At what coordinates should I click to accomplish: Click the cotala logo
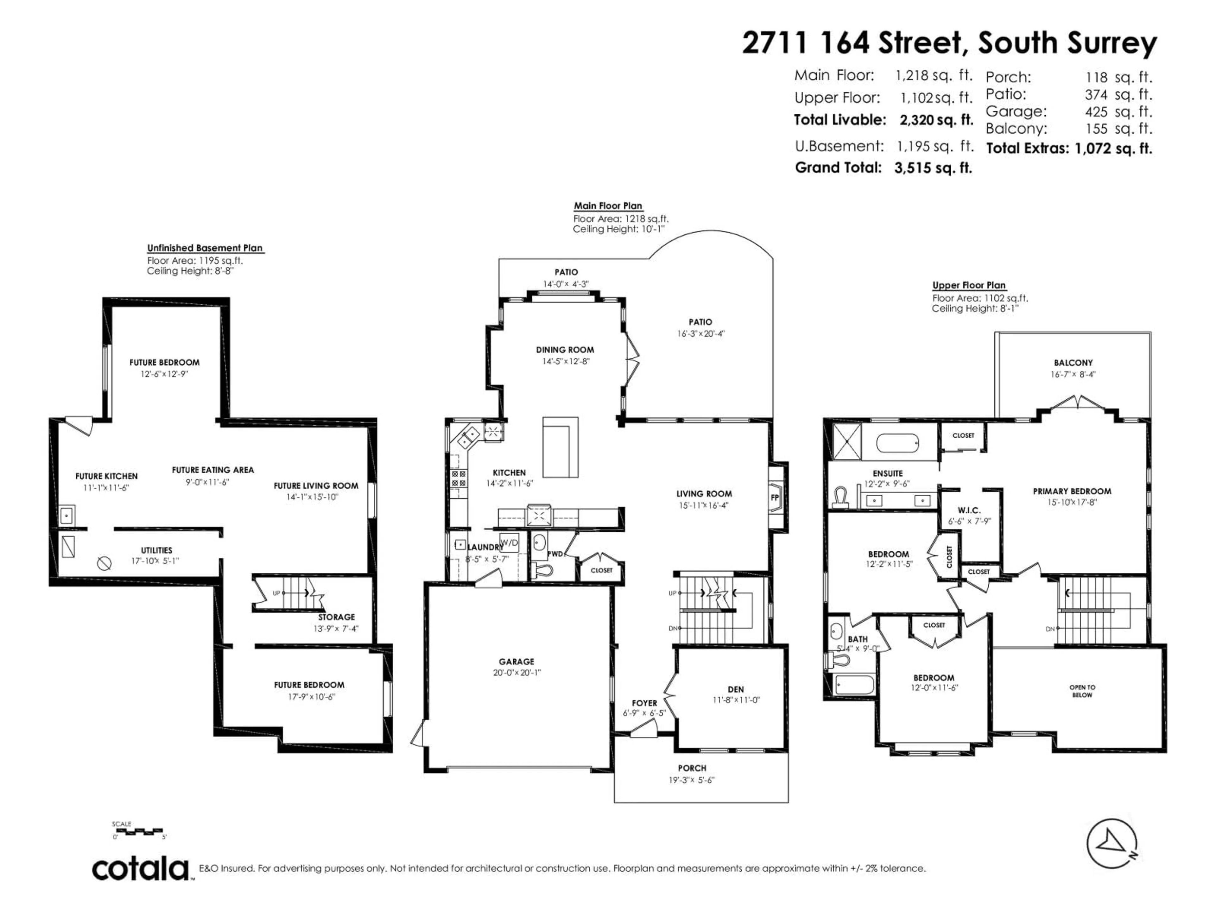click(140, 869)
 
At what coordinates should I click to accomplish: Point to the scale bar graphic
click(137, 831)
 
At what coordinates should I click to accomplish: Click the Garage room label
click(516, 661)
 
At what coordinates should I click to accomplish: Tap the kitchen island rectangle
click(560, 447)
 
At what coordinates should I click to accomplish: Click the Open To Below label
click(1082, 691)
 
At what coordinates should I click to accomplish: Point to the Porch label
click(692, 768)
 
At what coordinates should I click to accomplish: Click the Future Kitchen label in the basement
click(107, 476)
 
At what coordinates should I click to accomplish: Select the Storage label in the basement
click(336, 617)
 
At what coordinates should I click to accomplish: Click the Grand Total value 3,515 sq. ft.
click(933, 168)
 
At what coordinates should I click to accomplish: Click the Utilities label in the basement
click(157, 550)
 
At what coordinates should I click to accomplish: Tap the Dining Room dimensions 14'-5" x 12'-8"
click(565, 361)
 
